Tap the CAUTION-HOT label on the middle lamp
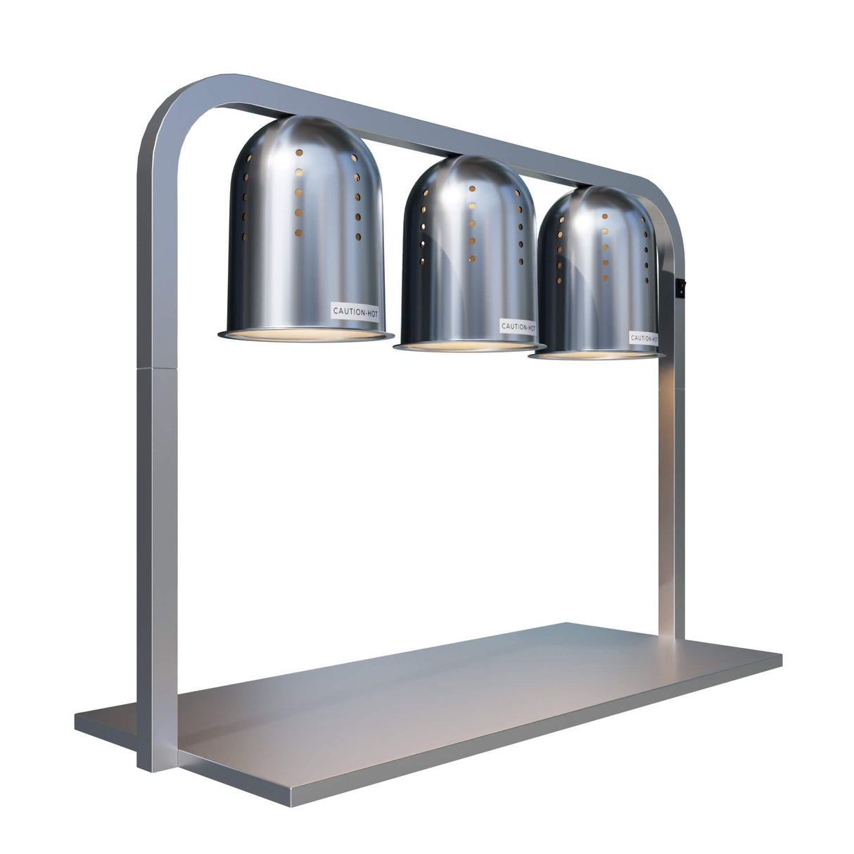pyautogui.click(x=518, y=326)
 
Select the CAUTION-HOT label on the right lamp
pyautogui.click(x=644, y=338)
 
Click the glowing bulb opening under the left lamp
pyautogui.click(x=306, y=333)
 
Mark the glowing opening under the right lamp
pyautogui.click(x=597, y=355)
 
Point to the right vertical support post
pyautogui.click(x=670, y=492)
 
